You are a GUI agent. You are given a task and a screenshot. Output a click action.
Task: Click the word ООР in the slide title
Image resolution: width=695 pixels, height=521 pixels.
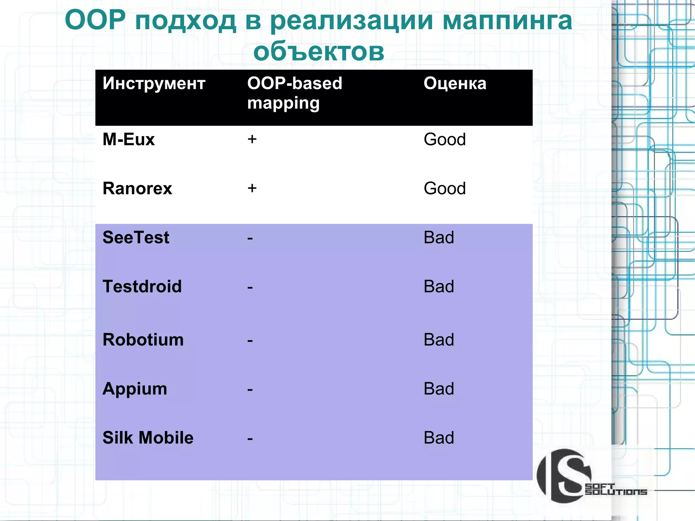coord(95,20)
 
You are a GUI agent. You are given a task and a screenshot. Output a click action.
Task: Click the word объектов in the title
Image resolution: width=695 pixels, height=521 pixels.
coord(319,52)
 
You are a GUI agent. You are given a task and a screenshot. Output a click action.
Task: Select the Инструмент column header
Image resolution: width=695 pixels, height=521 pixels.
coord(154,83)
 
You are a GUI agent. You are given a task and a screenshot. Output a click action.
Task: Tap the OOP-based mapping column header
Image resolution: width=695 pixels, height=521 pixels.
coord(294,93)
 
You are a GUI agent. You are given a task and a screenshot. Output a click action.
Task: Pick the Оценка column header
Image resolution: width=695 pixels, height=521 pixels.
coord(455,83)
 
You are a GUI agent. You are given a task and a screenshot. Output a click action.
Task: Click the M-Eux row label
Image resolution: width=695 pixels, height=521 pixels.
coord(128,139)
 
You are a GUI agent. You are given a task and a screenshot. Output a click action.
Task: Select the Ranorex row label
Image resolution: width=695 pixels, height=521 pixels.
coord(137,188)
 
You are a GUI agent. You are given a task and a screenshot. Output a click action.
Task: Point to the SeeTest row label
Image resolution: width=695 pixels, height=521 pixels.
coord(136,237)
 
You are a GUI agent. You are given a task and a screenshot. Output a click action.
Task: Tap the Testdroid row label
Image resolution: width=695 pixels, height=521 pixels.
coord(142,286)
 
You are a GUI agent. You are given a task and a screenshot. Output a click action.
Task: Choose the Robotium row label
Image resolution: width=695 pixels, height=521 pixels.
coord(143,340)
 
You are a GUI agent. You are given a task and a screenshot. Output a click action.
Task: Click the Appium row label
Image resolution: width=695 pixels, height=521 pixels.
coord(135,389)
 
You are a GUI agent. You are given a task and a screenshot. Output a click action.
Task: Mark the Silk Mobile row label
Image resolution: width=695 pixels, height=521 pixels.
coord(148,438)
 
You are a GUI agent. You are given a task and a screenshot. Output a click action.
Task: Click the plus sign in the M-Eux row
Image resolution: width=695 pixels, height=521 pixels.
coord(252,139)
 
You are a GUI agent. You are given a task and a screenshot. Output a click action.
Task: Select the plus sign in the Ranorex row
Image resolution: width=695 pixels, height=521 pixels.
coord(252,188)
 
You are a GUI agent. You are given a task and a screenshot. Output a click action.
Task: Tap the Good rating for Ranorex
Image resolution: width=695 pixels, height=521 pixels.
coord(445,188)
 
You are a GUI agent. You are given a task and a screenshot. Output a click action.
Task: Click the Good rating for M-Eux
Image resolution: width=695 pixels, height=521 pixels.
coord(445,139)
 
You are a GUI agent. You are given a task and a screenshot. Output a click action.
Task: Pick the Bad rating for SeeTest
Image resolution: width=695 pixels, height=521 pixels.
coord(438,238)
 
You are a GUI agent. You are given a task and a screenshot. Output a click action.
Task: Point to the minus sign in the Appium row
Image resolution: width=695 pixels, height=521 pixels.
coord(250,389)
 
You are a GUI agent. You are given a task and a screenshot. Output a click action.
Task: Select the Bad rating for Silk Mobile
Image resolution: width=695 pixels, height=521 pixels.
coord(438,438)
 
